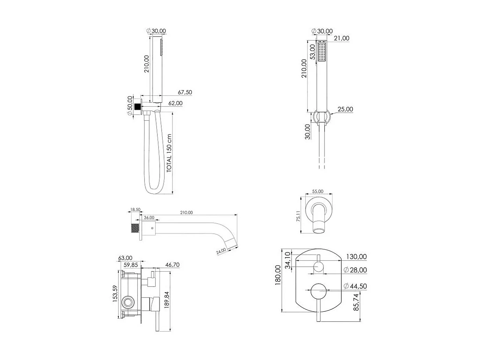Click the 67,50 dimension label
[x=185, y=92]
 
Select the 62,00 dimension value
[x=175, y=103]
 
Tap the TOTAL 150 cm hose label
[x=169, y=153]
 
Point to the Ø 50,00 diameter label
[x=130, y=106]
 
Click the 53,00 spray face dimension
[x=313, y=52]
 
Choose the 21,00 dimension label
[x=341, y=38]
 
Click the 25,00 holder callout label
[x=345, y=109]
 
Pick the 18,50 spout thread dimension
[x=135, y=210]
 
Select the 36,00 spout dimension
[x=149, y=217]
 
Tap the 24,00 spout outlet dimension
[x=221, y=251]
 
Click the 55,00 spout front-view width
[x=318, y=191]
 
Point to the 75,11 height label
[x=298, y=216]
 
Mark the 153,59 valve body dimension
[x=115, y=294]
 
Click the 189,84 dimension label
[x=167, y=300]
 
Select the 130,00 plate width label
[x=356, y=256]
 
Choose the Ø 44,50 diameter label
[x=355, y=286]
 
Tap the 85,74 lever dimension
[x=356, y=302]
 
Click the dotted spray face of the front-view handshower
[x=322, y=52]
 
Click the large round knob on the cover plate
[x=318, y=291]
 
